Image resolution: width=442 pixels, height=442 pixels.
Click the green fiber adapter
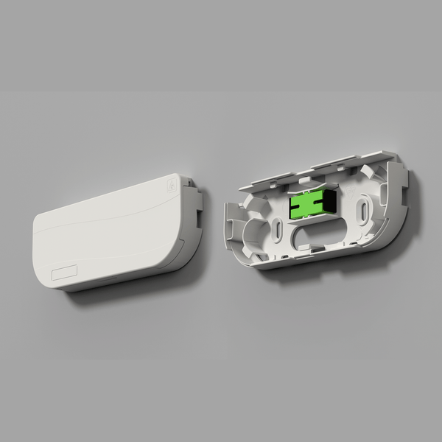[x=304, y=206]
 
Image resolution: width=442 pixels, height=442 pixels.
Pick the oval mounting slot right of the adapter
[x=364, y=210]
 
